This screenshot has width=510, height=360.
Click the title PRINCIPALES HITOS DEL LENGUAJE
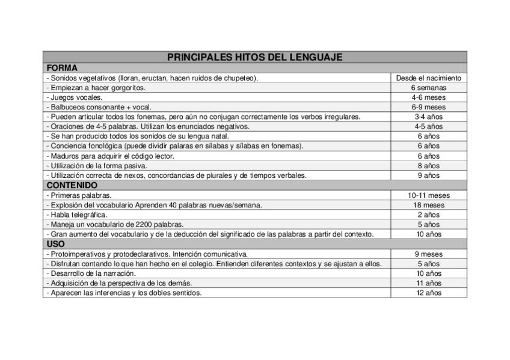tap(254, 57)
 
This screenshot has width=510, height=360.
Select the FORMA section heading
tap(62, 68)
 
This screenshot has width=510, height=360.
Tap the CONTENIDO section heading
tap(72, 185)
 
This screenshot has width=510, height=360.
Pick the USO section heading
tap(56, 244)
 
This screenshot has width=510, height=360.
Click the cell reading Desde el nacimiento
tap(428, 78)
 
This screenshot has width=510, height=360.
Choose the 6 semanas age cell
tap(428, 88)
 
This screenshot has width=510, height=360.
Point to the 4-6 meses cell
tap(428, 97)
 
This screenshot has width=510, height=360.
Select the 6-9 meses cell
tap(428, 107)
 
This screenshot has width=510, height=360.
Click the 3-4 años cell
tap(428, 117)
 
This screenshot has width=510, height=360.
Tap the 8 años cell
tap(428, 166)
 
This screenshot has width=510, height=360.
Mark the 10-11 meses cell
tap(428, 195)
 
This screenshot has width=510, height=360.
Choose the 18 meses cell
tap(428, 205)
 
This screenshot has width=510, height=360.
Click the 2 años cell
tap(428, 215)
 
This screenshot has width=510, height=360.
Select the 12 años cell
tap(428, 293)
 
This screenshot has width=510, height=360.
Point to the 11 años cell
tap(428, 283)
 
